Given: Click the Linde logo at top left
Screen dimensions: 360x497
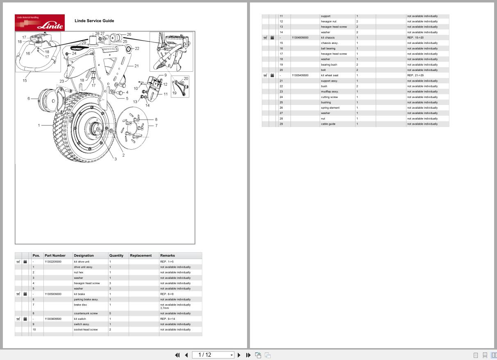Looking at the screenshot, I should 40,23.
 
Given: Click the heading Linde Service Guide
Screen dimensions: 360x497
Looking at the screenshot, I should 94,21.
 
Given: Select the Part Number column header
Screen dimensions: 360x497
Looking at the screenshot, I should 55,255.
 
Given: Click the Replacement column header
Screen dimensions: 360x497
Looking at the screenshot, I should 141,255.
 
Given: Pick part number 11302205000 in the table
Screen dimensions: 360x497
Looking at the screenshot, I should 53,262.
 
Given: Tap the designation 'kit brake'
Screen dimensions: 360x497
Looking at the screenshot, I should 79,294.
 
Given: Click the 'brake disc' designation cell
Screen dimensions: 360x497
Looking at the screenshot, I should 80,305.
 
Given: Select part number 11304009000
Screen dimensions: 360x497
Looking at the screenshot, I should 300,37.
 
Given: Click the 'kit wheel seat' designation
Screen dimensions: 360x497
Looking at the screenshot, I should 329,75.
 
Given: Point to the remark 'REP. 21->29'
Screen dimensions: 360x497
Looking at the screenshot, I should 415,75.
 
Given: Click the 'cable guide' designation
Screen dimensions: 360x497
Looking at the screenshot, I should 328,124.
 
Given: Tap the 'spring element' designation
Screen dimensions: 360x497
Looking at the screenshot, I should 330,108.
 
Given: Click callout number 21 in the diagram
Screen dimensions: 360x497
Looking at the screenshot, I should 136,66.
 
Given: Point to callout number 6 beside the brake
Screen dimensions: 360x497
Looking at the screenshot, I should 29,98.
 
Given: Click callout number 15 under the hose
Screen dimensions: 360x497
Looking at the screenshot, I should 25,80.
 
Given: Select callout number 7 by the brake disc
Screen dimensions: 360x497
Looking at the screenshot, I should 156,125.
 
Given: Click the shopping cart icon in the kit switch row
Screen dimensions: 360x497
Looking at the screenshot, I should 18,319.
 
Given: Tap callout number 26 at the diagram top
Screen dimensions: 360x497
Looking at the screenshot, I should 129,35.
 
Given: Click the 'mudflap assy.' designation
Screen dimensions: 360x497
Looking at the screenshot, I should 329,91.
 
